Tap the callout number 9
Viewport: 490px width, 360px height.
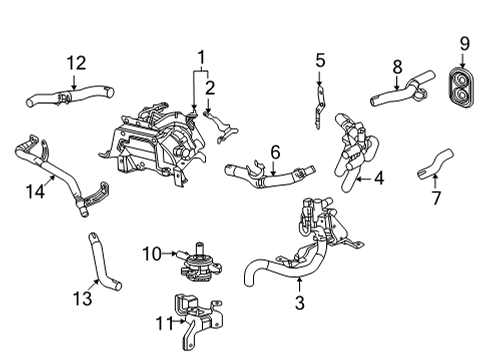click(x=464, y=42)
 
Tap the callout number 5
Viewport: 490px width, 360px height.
click(x=320, y=62)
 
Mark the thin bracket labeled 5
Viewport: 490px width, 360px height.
click(x=318, y=100)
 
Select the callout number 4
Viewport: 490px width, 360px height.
click(x=379, y=180)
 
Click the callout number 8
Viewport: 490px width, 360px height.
click(x=396, y=66)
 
